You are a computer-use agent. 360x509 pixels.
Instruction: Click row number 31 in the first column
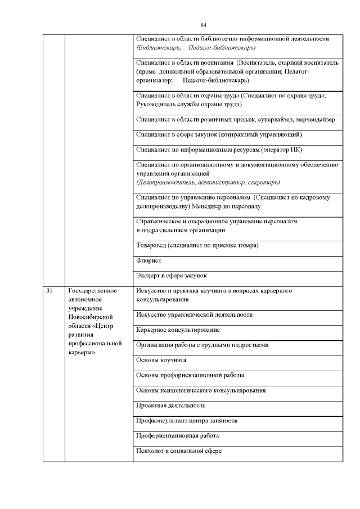point(49,291)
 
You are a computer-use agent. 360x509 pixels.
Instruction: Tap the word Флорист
point(148,261)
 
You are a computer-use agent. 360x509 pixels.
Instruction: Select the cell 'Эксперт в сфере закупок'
point(172,276)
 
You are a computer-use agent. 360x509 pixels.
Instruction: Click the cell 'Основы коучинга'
point(161,359)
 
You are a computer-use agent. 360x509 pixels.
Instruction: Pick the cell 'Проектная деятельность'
point(171,405)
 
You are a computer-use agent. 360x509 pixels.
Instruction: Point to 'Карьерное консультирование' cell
point(178,329)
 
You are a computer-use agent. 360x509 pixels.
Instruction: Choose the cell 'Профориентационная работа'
point(177,435)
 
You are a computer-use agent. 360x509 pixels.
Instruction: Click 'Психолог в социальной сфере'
point(179,451)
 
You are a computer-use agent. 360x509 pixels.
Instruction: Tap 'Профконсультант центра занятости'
point(187,420)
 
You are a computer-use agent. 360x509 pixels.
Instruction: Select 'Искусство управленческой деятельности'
point(195,314)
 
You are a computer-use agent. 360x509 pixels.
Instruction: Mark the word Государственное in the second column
point(92,291)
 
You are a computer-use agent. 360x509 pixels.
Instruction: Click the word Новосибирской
point(91,317)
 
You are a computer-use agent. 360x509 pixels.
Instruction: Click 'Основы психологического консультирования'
point(201,390)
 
